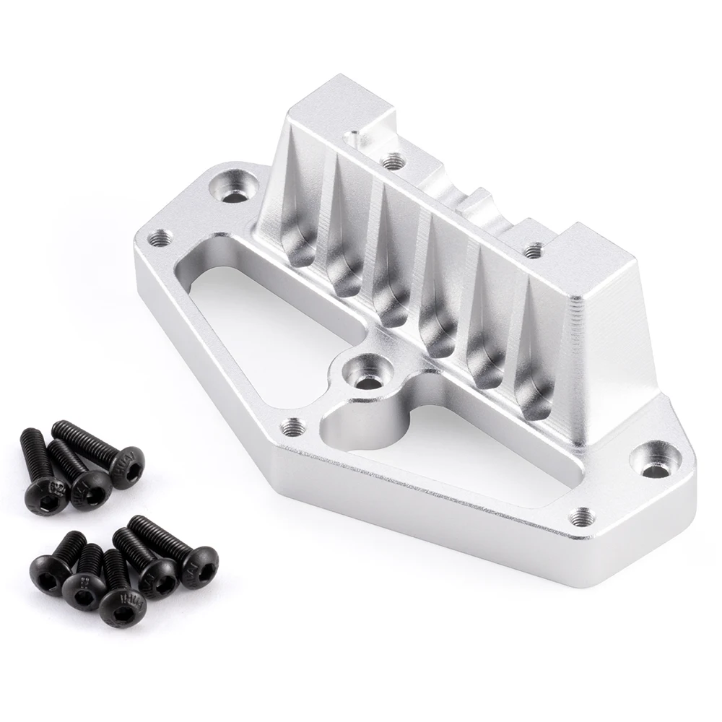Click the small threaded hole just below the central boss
(291, 427)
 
